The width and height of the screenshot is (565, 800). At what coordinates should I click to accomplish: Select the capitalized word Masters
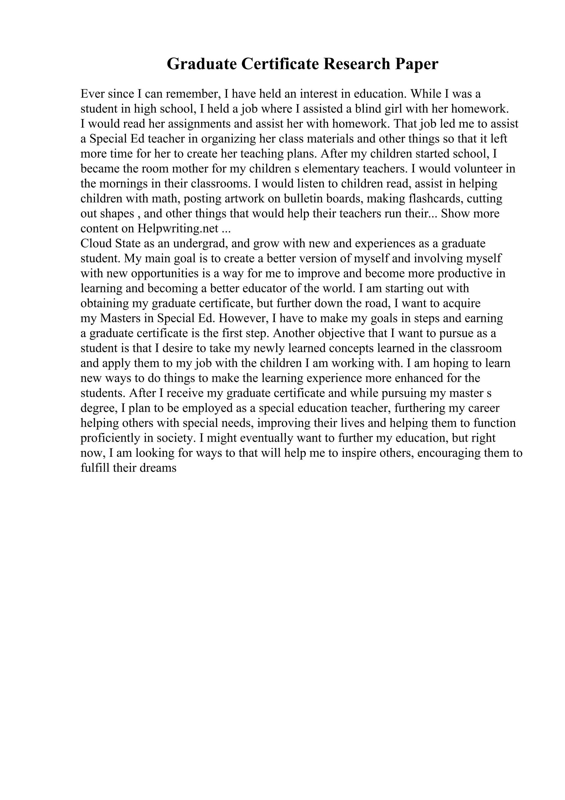122,319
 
